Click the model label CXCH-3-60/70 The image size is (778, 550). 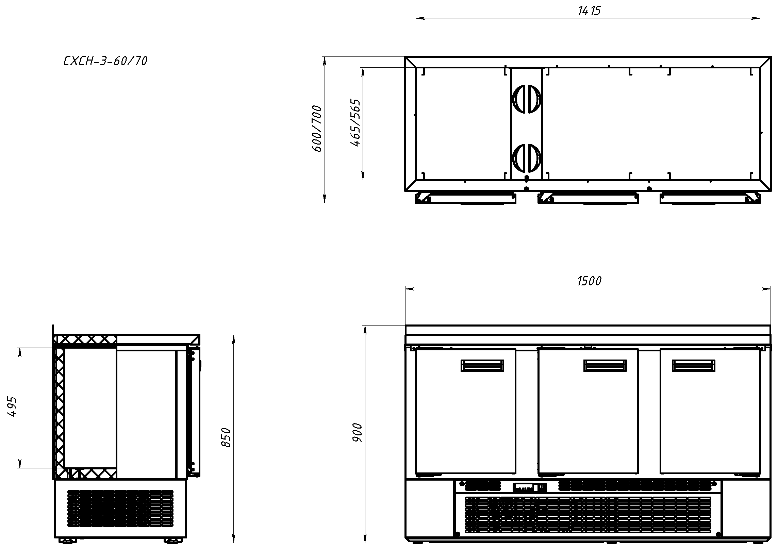105,61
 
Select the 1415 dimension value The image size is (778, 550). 589,11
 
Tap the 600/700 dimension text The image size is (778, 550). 317,129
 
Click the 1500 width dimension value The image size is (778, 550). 589,281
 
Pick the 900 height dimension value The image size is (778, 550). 357,433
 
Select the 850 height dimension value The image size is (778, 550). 226,438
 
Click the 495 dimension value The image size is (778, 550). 12,406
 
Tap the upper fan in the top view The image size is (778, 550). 526,98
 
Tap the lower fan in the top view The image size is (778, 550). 526,158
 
